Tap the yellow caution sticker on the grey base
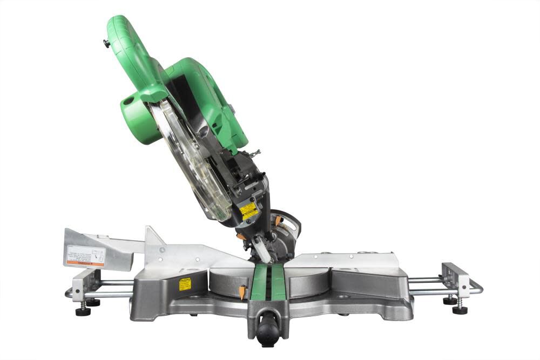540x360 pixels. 185,284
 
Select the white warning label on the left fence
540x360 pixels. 85,254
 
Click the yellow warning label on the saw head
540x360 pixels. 249,211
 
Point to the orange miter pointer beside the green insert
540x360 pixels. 241,291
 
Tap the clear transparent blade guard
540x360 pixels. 192,162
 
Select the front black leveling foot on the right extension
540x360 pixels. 460,309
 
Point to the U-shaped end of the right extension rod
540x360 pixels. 478,287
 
